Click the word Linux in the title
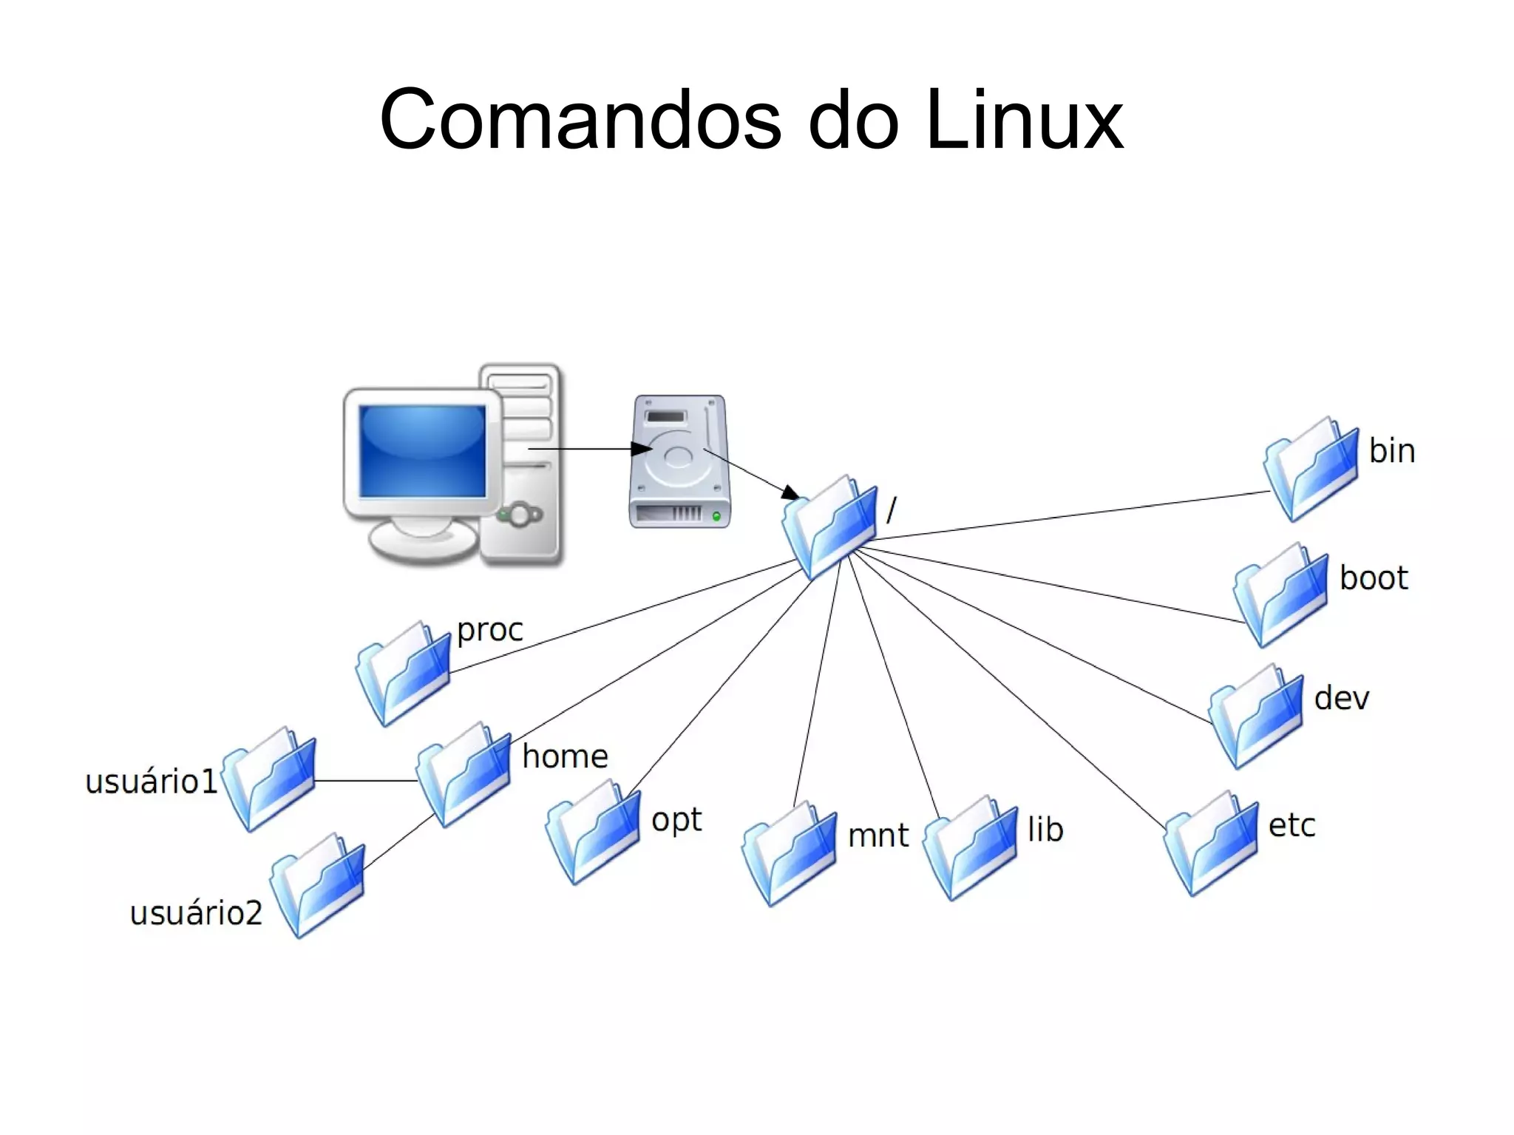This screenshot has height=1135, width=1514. [x=1025, y=120]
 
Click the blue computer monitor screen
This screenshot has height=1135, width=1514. [x=422, y=451]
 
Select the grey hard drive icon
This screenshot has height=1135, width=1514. [x=679, y=461]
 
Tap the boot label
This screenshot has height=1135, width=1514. [x=1374, y=578]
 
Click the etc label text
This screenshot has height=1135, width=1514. [x=1291, y=825]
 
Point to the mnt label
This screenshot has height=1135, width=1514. [x=877, y=836]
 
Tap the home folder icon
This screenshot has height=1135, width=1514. [x=464, y=774]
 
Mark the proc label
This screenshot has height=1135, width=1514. [x=489, y=630]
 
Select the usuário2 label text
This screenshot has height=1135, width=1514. [x=196, y=913]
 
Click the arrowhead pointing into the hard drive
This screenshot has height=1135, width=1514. [x=641, y=449]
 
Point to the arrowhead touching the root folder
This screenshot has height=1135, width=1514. [x=790, y=492]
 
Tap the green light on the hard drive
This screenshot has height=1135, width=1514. [x=716, y=516]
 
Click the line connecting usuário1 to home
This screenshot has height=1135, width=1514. [x=366, y=780]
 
